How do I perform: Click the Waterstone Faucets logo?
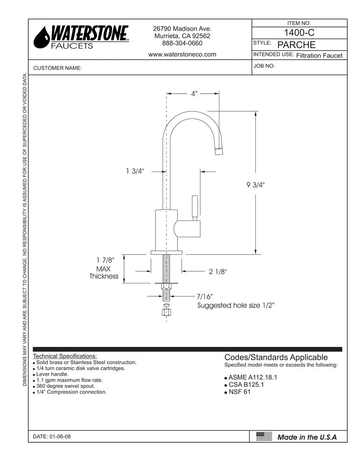click(x=81, y=37)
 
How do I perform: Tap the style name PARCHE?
click(x=296, y=45)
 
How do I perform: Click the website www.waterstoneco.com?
click(x=182, y=54)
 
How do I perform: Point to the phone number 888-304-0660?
click(x=182, y=43)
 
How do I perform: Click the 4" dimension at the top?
click(x=194, y=94)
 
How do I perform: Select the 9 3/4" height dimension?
click(x=255, y=185)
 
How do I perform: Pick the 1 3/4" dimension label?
click(x=136, y=171)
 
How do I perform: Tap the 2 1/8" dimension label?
click(x=218, y=271)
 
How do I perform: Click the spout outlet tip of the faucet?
click(x=219, y=150)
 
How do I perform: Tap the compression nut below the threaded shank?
click(x=166, y=312)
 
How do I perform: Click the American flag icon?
click(x=264, y=437)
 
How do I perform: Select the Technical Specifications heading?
click(x=65, y=356)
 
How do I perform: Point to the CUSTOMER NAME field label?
click(x=58, y=68)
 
